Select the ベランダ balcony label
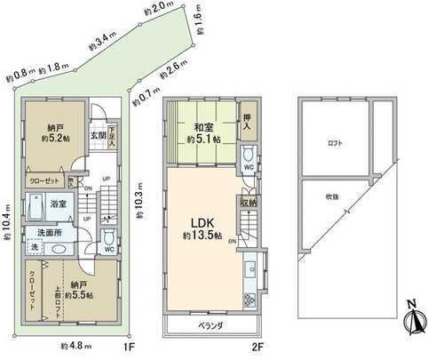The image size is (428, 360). point(210,325)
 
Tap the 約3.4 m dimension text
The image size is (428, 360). point(105,40)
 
